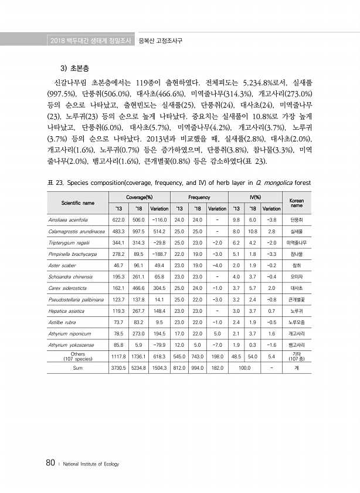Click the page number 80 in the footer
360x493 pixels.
click(x=50, y=463)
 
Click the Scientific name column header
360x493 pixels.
click(x=78, y=203)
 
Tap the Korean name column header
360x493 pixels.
click(x=297, y=203)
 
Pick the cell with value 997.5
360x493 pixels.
click(x=139, y=231)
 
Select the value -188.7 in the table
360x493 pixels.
click(x=159, y=254)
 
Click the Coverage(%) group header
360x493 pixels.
click(x=139, y=198)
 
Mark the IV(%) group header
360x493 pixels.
click(x=254, y=198)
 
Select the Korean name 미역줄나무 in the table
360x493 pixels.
click(x=297, y=242)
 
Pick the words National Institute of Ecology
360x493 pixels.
click(x=91, y=464)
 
